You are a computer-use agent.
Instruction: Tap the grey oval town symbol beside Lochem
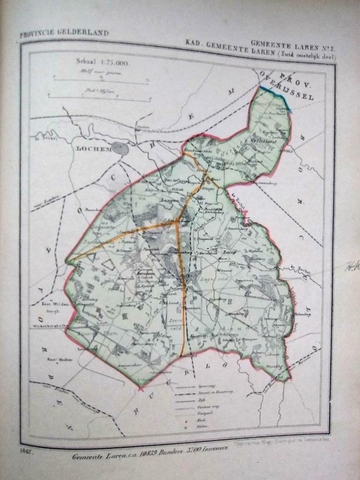(x=120, y=148)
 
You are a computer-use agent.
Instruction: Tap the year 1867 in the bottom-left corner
(x=27, y=450)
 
